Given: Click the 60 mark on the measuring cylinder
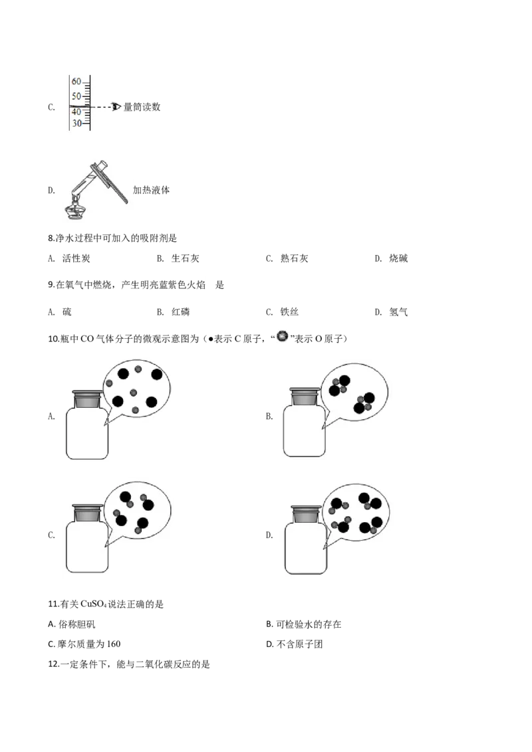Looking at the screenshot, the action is (x=77, y=82).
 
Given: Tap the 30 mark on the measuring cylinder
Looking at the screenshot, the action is (x=77, y=124).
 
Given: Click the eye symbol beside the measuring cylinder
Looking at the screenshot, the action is (x=116, y=107).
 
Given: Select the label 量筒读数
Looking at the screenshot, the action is (x=142, y=107).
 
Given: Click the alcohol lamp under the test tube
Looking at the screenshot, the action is (x=75, y=209).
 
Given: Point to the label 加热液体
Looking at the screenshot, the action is (x=151, y=190).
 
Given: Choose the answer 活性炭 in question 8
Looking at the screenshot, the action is (x=76, y=258).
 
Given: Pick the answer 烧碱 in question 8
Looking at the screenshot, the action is (x=398, y=258).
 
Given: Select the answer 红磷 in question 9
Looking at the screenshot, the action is (x=180, y=312).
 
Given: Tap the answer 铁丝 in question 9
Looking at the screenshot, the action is (x=289, y=312).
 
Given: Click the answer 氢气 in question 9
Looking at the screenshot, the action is (x=398, y=312).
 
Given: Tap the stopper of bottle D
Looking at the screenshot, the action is (x=307, y=514).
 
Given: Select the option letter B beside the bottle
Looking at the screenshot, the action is (x=269, y=417).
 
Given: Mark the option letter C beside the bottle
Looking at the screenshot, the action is (x=51, y=535).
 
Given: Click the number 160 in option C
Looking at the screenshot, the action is (x=114, y=644).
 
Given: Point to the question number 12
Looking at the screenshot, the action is (x=54, y=665).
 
